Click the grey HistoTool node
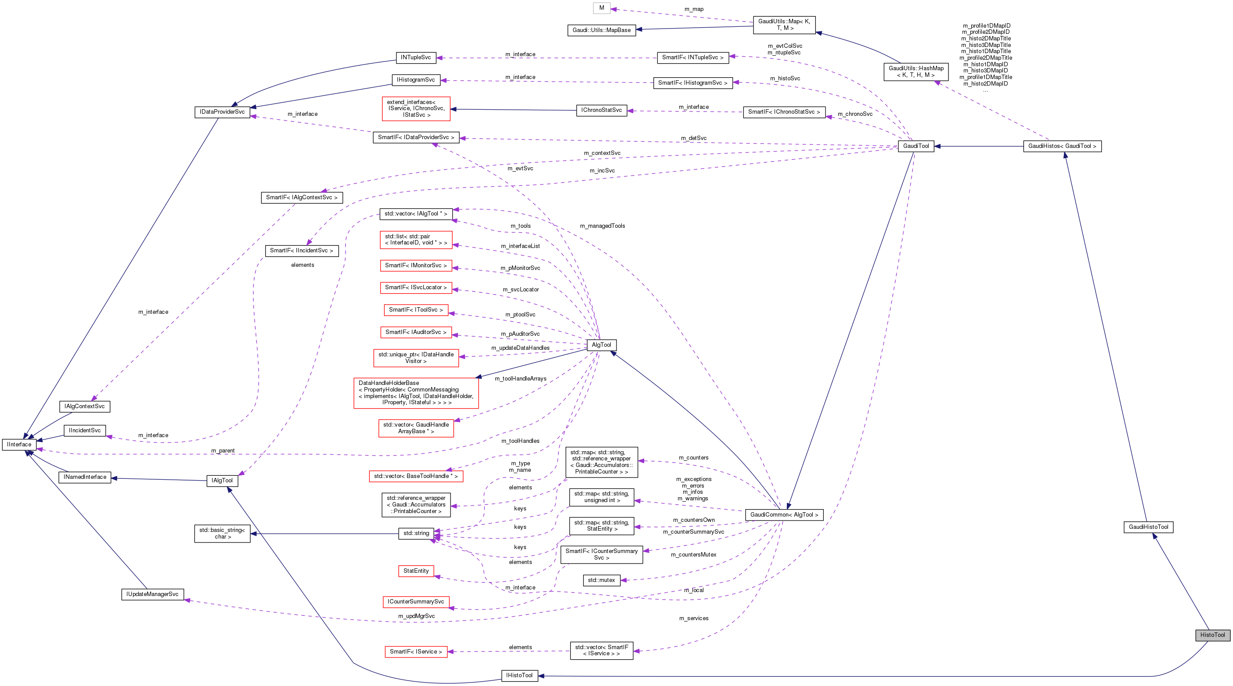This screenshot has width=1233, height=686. coord(1212,635)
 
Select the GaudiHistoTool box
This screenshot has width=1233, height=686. coord(1148,527)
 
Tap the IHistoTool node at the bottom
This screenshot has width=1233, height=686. coord(519,675)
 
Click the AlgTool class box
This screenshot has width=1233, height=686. coord(601,345)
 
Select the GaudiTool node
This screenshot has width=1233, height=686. coord(916,146)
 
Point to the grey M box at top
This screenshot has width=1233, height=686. coord(601,7)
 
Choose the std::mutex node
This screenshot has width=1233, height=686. coord(601,580)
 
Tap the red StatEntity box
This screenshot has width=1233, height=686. coord(415,571)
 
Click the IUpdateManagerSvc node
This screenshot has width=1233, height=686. coord(152,594)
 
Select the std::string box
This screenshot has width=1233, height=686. coord(415,533)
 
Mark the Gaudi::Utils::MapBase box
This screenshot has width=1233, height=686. coord(601,30)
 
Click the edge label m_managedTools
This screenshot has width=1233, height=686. coord(602,226)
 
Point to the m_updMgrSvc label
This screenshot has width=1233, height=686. coord(416,616)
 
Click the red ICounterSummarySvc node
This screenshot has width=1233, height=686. coord(415,601)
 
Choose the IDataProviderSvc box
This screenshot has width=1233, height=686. coord(222,111)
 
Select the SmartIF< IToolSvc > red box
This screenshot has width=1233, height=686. coord(415,309)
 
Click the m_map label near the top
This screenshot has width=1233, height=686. coord(694,9)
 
